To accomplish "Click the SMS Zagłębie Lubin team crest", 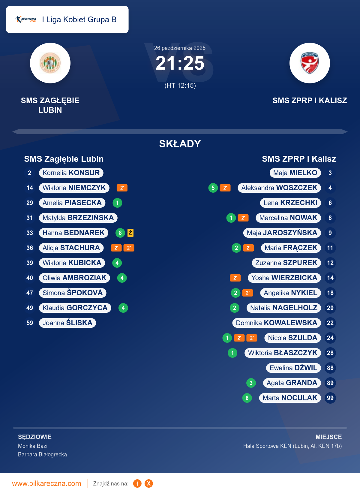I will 50,63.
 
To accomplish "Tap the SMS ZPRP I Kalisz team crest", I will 310,63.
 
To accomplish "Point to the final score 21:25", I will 180,63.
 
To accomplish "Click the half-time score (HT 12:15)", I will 180,86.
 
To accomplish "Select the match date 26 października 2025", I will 180,48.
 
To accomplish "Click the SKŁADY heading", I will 180,144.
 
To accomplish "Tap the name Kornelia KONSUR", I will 71,173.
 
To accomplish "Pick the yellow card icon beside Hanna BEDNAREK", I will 130,233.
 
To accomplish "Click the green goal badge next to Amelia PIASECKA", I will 117,203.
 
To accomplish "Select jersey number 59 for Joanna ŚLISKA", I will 30,323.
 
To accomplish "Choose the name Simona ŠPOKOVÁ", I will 73,293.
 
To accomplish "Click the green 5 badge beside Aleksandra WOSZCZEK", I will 213,188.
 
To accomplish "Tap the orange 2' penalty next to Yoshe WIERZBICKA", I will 235,278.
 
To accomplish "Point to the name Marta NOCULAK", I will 290,398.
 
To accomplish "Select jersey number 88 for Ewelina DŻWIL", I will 330,368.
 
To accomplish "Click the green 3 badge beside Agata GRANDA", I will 251,383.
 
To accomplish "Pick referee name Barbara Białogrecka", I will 42,454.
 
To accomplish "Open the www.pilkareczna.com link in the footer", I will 46,483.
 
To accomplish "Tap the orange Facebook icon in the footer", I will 137,483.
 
